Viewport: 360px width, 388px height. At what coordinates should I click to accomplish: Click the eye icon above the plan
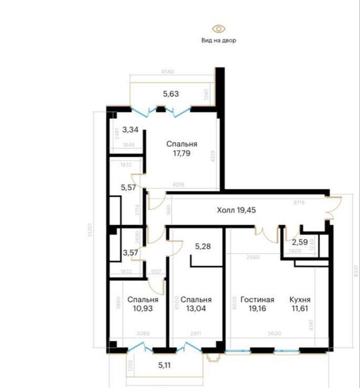pyautogui.click(x=219, y=28)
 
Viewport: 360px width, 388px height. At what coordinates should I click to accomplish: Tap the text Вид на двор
pyautogui.click(x=219, y=41)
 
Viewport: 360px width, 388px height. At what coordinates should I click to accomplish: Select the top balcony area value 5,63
pyautogui.click(x=171, y=94)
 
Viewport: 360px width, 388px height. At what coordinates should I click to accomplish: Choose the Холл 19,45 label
pyautogui.click(x=236, y=210)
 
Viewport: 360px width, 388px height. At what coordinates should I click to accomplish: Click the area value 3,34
pyautogui.click(x=130, y=130)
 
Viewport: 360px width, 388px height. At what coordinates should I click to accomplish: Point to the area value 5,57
pyautogui.click(x=129, y=188)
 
